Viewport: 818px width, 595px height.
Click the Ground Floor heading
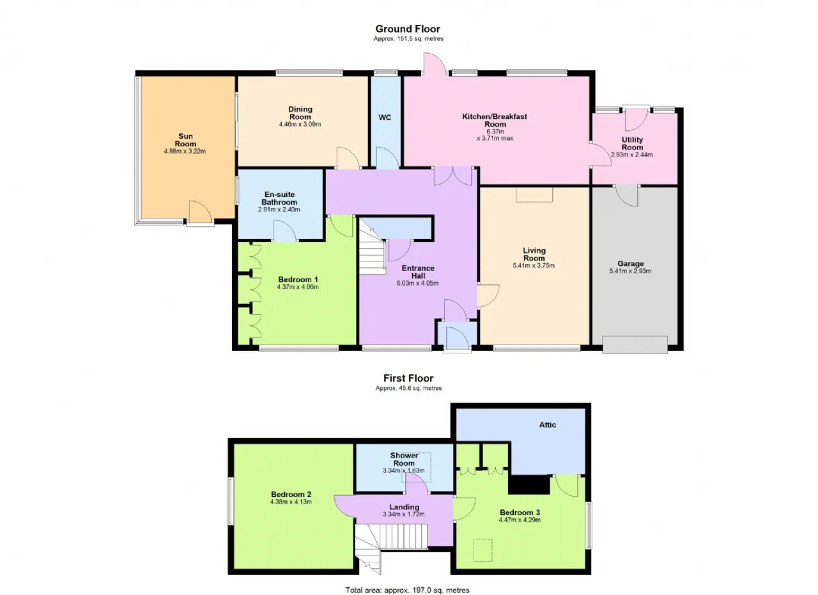pyautogui.click(x=408, y=29)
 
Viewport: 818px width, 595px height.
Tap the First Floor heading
pyautogui.click(x=408, y=378)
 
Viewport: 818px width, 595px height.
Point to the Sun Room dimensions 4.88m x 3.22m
pyautogui.click(x=185, y=151)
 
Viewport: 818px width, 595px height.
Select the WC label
pyautogui.click(x=385, y=117)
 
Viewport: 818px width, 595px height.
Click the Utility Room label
pyautogui.click(x=632, y=143)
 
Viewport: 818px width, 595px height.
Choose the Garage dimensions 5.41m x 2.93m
pyautogui.click(x=630, y=271)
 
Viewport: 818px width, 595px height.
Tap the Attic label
pyautogui.click(x=548, y=425)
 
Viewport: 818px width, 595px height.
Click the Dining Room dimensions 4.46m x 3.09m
pyautogui.click(x=300, y=124)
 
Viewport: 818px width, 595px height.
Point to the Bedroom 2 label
pyautogui.click(x=291, y=494)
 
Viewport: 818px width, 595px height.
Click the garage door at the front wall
pyautogui.click(x=635, y=345)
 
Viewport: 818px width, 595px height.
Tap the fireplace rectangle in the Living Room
pyautogui.click(x=534, y=195)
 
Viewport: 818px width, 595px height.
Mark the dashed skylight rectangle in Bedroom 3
pyautogui.click(x=482, y=550)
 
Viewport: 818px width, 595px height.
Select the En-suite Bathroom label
pyautogui.click(x=279, y=198)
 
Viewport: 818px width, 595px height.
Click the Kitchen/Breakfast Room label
pyautogui.click(x=495, y=120)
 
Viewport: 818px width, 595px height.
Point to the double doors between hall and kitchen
pyautogui.click(x=453, y=176)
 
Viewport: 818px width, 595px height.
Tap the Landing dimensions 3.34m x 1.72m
pyautogui.click(x=403, y=514)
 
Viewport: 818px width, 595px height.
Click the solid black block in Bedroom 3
pyautogui.click(x=529, y=484)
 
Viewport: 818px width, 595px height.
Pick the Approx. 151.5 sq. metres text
pyautogui.click(x=408, y=39)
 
